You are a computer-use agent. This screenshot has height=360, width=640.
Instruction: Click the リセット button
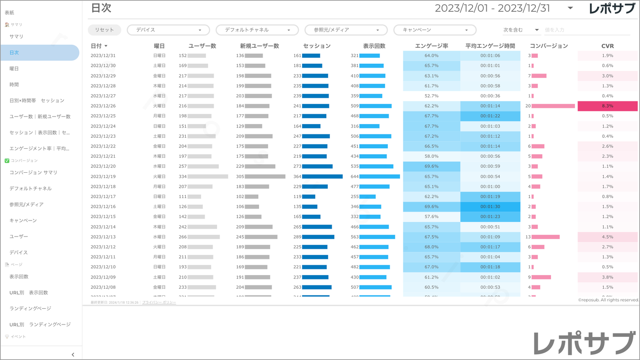click(x=104, y=30)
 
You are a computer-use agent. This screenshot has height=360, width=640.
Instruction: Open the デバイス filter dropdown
click(x=168, y=30)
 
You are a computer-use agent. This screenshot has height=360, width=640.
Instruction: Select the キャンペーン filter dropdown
click(x=434, y=30)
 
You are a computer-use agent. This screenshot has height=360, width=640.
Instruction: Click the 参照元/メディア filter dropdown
click(x=345, y=30)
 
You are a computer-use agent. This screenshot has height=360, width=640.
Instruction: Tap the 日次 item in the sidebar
click(x=40, y=53)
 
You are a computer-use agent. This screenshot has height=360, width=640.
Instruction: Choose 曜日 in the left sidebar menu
click(x=14, y=69)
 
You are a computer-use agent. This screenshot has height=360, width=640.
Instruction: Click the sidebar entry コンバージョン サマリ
click(x=33, y=172)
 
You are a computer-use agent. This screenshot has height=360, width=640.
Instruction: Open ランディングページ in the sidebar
click(x=30, y=308)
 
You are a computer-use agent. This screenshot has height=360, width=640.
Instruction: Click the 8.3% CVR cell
click(x=607, y=106)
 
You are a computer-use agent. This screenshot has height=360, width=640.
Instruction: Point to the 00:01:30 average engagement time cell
click(x=490, y=206)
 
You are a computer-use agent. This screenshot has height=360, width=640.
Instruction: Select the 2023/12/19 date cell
click(x=103, y=176)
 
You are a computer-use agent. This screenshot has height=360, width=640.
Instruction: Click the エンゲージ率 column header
click(x=431, y=46)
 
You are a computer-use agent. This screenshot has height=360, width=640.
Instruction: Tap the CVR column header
click(x=607, y=46)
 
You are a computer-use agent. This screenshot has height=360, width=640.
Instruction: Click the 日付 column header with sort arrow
click(x=99, y=46)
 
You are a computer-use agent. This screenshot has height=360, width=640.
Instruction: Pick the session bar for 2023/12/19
click(x=322, y=176)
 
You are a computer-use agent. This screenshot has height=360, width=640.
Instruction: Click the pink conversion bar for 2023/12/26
click(x=553, y=106)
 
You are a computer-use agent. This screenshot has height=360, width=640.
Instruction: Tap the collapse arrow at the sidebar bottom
click(x=73, y=354)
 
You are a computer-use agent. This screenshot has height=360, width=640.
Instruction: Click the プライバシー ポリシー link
click(x=159, y=302)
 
